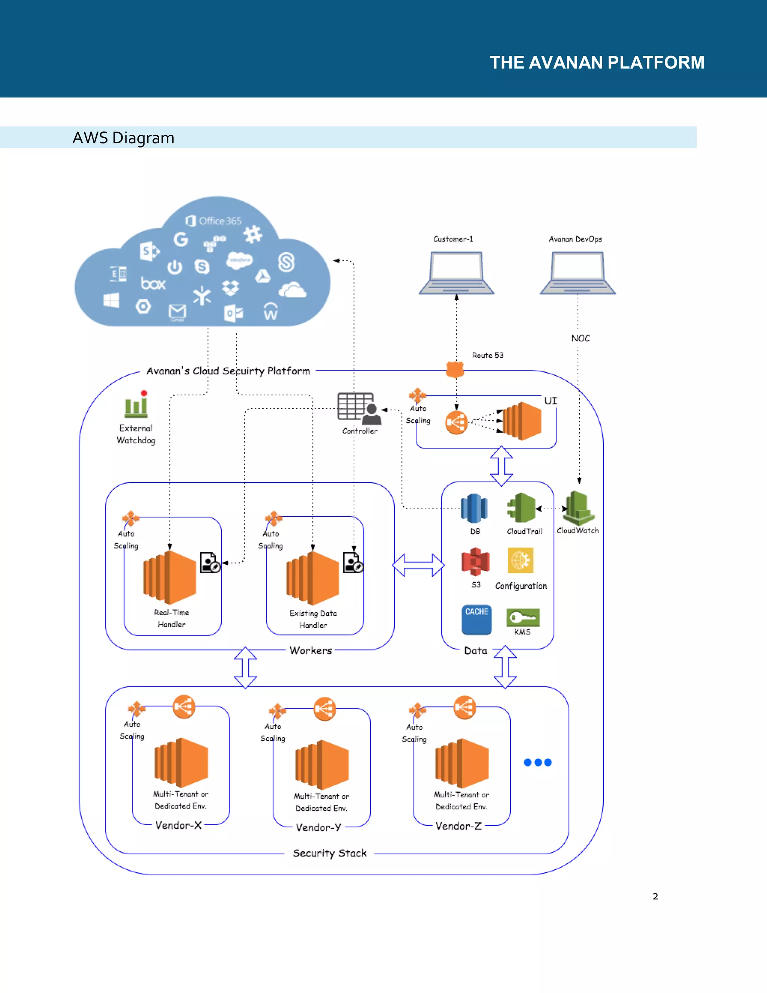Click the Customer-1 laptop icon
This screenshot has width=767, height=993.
pyautogui.click(x=456, y=273)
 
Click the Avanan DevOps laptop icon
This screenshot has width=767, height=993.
pyautogui.click(x=577, y=273)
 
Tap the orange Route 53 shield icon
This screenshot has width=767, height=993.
pyautogui.click(x=455, y=369)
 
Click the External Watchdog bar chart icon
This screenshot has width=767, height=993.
pyautogui.click(x=136, y=405)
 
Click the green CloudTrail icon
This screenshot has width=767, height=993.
pyautogui.click(x=522, y=507)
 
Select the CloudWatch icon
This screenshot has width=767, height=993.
pyautogui.click(x=578, y=508)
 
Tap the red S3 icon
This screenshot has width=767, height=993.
pyautogui.click(x=475, y=562)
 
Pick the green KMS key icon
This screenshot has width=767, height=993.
pyautogui.click(x=523, y=618)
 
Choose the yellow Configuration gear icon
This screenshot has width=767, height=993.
pyautogui.click(x=521, y=560)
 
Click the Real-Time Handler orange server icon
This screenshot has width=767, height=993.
pyautogui.click(x=170, y=577)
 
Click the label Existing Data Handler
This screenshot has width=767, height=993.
pyautogui.click(x=313, y=619)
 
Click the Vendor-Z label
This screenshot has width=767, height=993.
pyautogui.click(x=458, y=826)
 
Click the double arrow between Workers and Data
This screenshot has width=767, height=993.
pyautogui.click(x=418, y=565)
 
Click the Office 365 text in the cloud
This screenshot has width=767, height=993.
pyautogui.click(x=220, y=221)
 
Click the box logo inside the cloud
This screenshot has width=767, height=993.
pyautogui.click(x=153, y=284)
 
